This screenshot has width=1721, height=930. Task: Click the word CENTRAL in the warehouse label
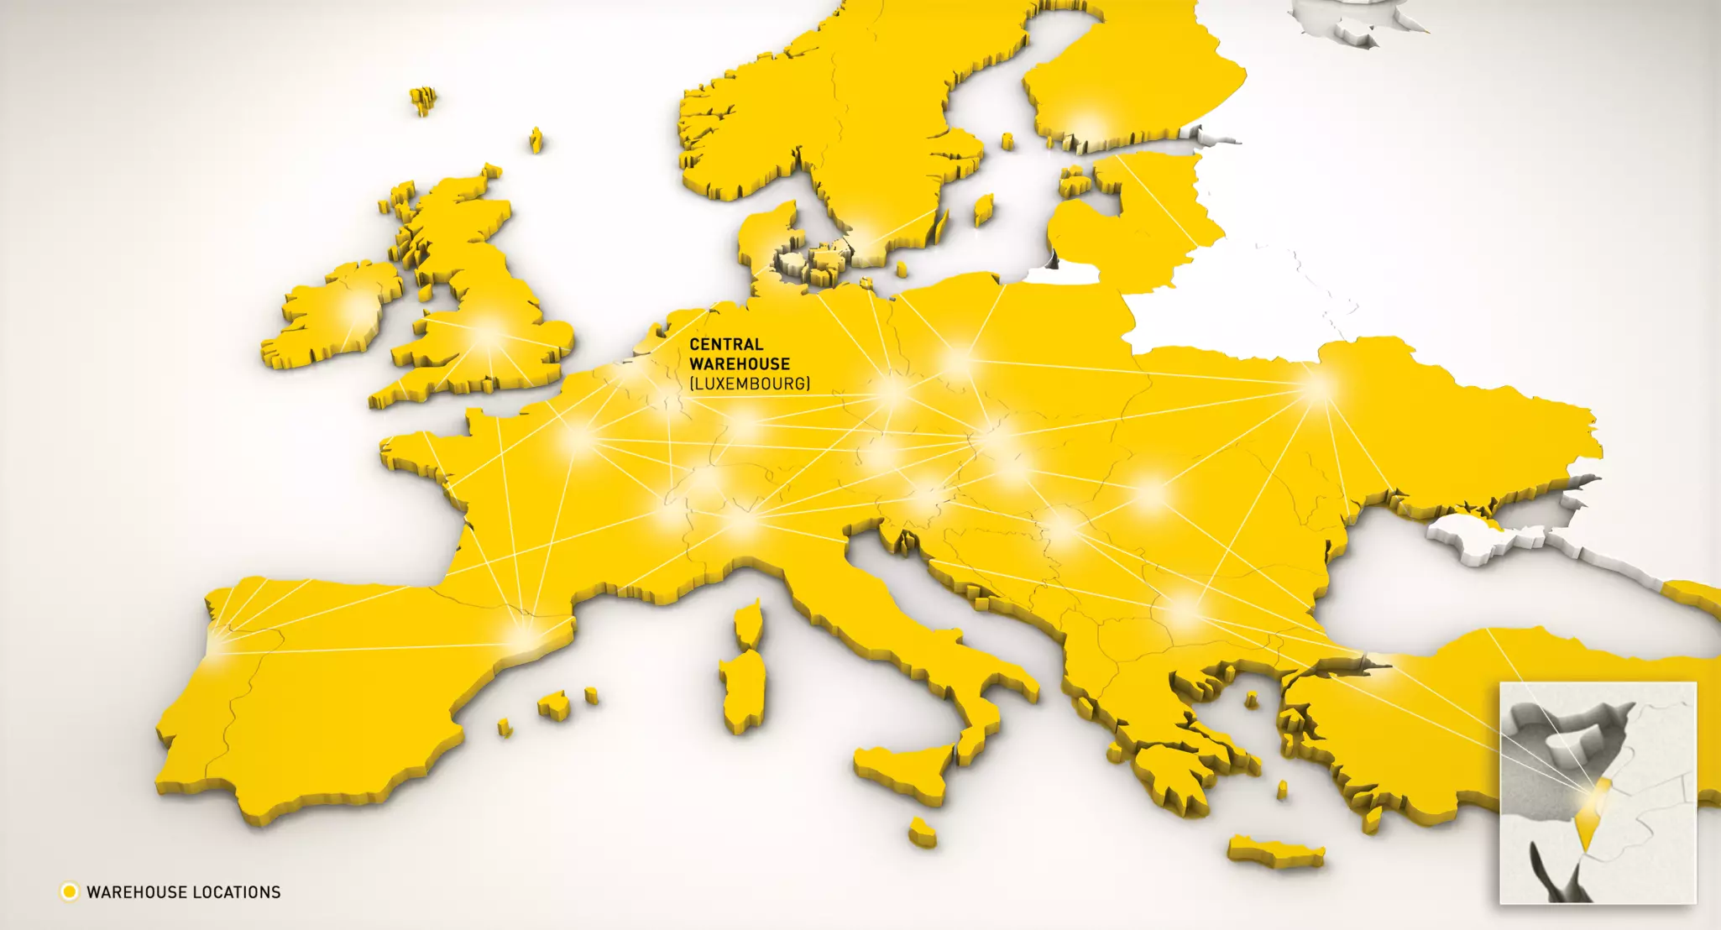point(726,344)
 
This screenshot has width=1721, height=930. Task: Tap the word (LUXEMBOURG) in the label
point(750,384)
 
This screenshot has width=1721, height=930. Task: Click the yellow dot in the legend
point(70,891)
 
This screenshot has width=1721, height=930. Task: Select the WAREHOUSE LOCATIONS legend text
point(183,892)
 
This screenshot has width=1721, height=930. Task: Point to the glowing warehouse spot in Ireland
point(356,309)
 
